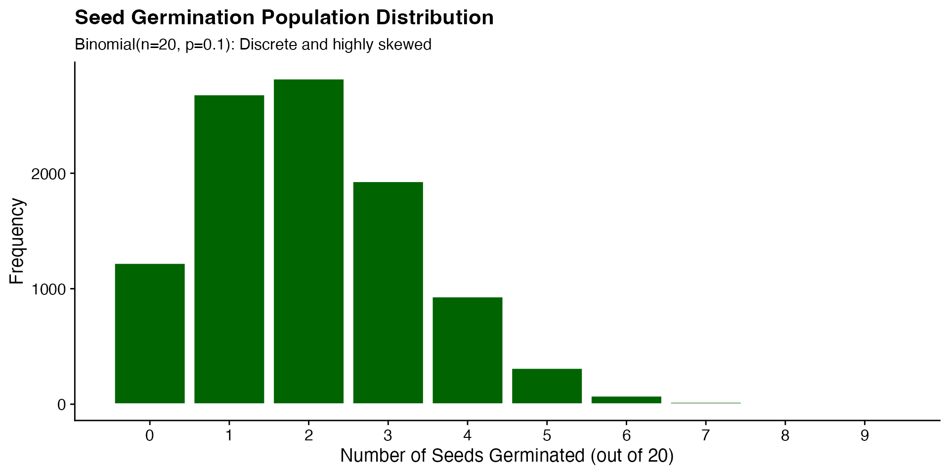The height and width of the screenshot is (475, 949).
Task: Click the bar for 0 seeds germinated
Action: (x=150, y=333)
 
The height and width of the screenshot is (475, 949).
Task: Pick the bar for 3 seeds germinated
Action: (x=388, y=292)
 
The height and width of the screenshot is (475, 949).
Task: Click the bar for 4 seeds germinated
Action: (x=468, y=350)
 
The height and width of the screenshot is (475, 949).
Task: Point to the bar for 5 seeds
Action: (x=547, y=386)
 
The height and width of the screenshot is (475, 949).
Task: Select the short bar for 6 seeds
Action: (x=626, y=400)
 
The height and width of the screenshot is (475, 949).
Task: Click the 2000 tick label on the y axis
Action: (x=48, y=174)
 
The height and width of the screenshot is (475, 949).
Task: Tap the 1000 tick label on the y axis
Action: (x=48, y=289)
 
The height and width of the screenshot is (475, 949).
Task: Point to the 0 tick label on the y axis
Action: (x=61, y=405)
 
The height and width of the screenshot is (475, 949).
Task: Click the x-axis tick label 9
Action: (x=864, y=436)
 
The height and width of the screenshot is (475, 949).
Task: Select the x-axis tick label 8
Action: (x=785, y=436)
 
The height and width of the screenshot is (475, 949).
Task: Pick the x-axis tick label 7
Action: (x=706, y=436)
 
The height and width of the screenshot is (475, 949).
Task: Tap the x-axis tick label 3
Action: (x=388, y=436)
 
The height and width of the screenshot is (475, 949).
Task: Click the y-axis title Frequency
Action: (x=17, y=241)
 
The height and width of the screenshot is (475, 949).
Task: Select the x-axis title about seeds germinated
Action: (x=507, y=456)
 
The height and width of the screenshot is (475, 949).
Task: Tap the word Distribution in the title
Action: (x=434, y=18)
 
